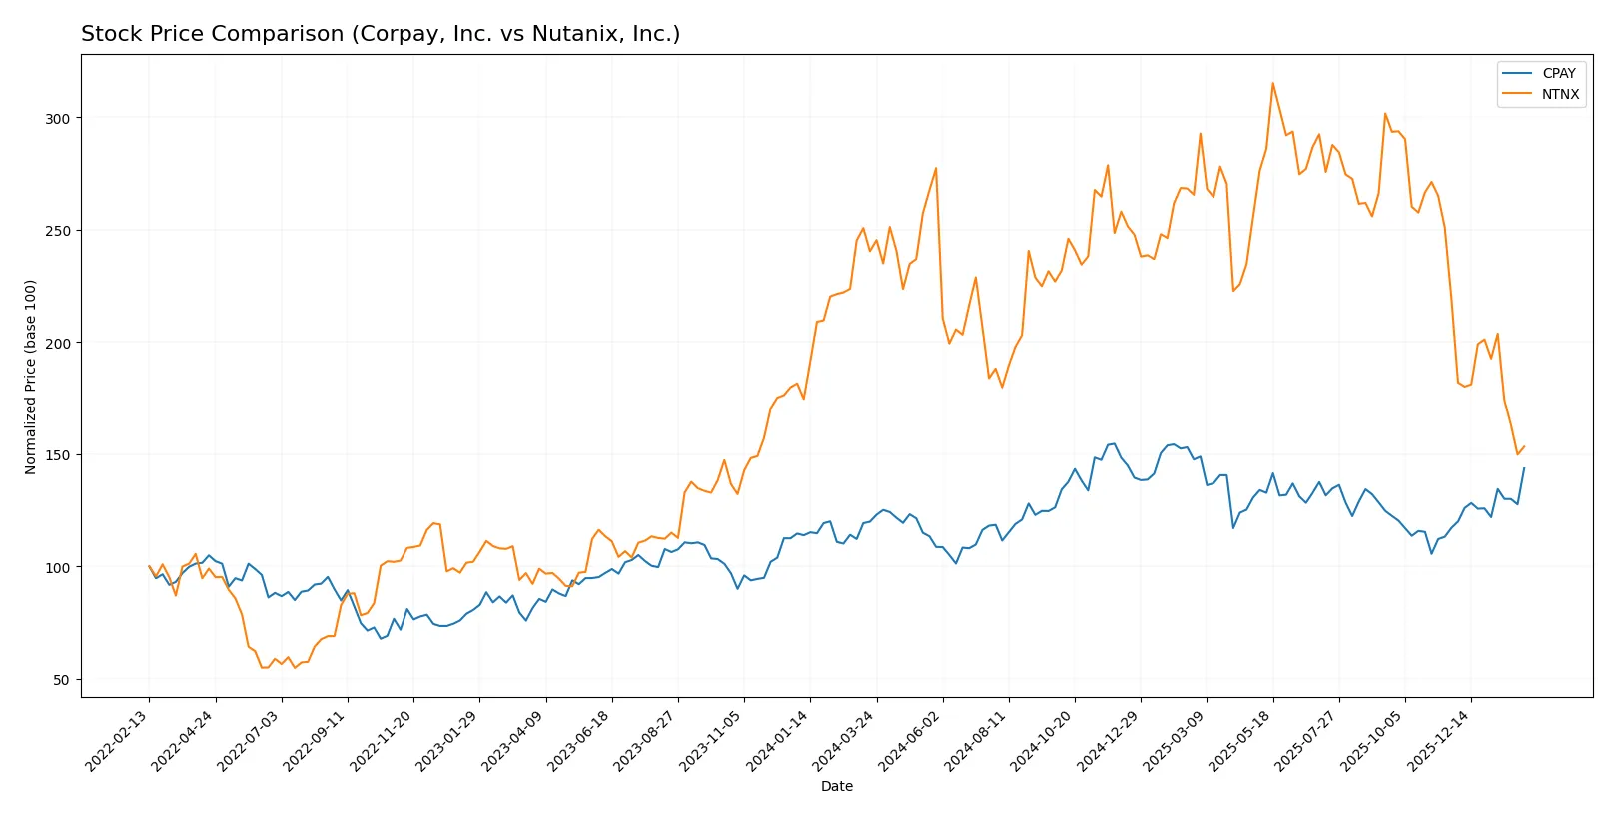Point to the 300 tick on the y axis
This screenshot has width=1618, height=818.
tap(57, 118)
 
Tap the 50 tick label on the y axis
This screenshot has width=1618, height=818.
tap(61, 680)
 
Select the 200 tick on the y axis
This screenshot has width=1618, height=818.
tap(57, 343)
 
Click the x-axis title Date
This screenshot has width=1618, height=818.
tap(836, 786)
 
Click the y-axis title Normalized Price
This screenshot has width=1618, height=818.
tap(31, 377)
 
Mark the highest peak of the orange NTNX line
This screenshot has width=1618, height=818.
tap(1272, 83)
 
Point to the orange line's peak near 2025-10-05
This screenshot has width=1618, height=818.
tap(1385, 113)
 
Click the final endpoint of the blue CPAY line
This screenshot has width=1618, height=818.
tap(1524, 468)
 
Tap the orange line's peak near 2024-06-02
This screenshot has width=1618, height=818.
tap(936, 168)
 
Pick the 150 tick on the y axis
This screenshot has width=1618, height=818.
tap(57, 455)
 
